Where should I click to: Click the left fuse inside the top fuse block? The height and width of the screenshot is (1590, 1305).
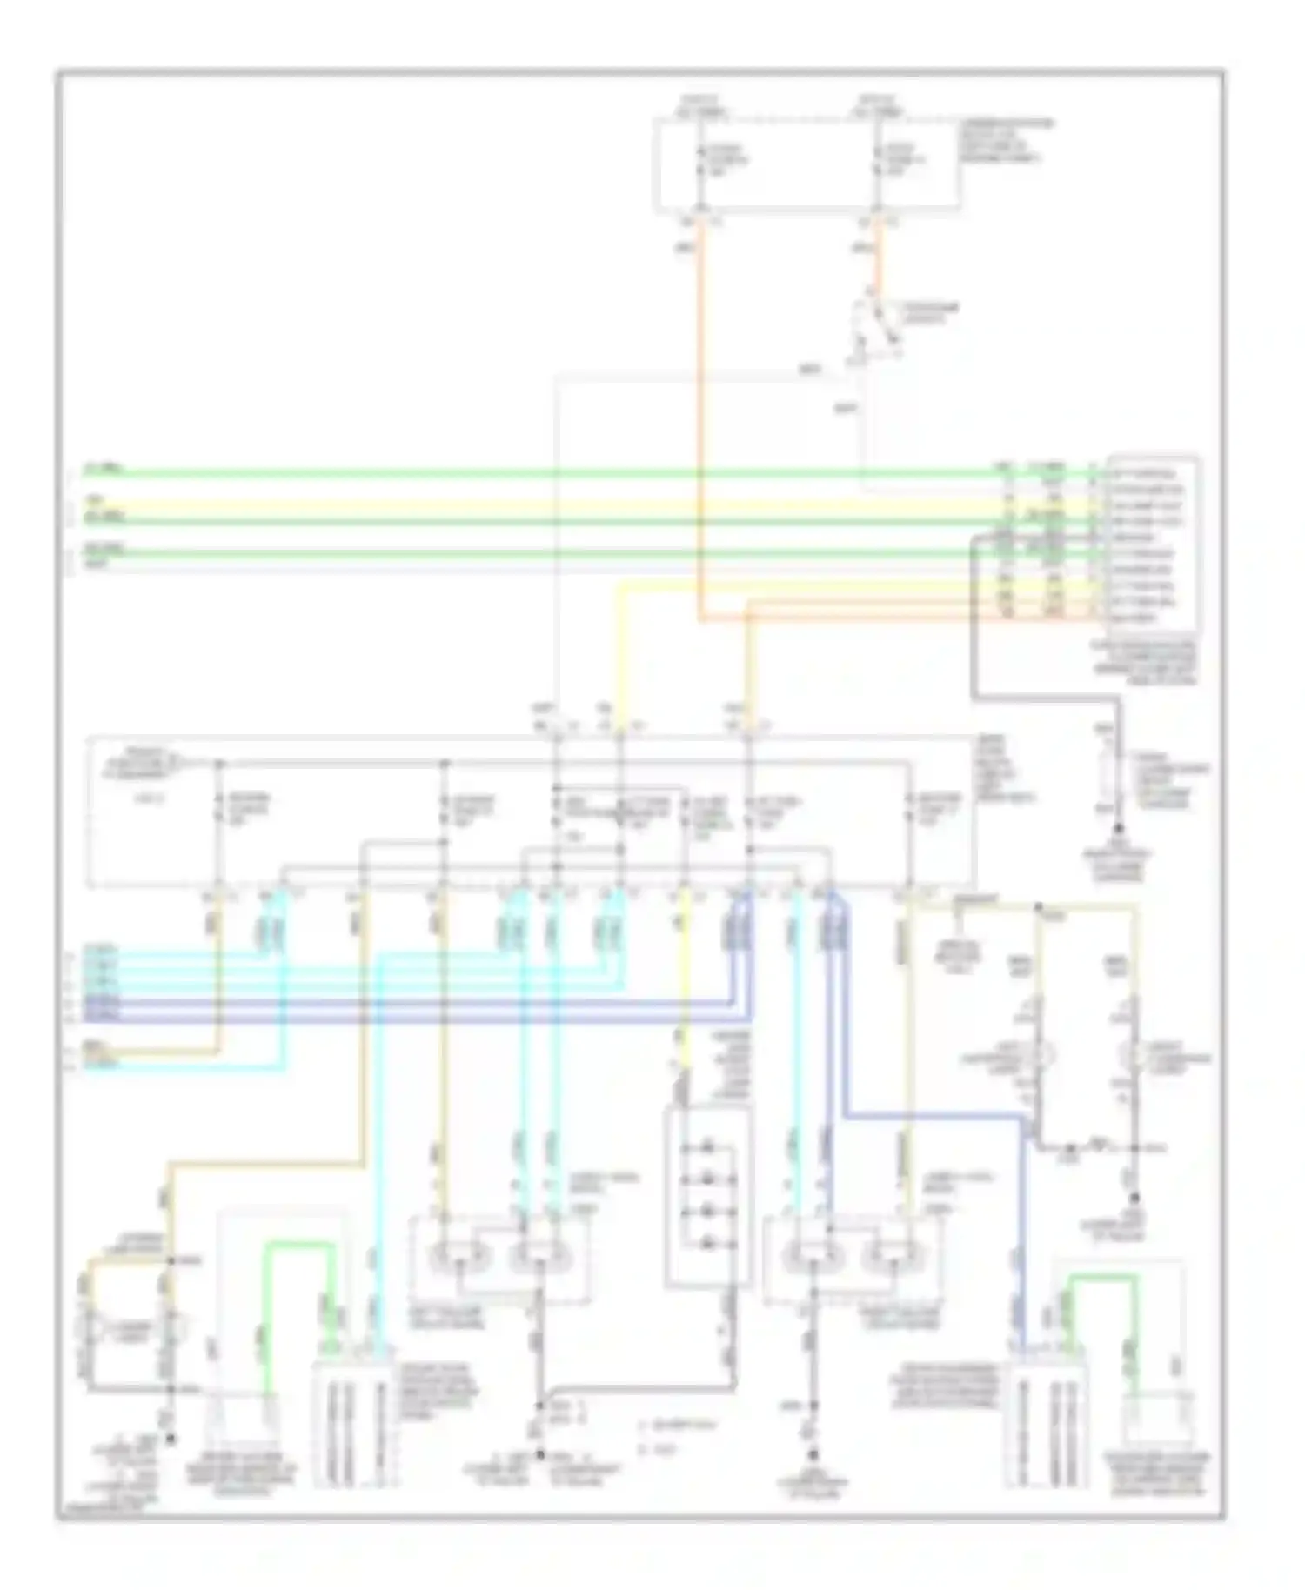700,162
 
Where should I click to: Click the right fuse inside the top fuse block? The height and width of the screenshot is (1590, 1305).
879,162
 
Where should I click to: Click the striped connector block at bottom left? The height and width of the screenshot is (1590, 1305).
352,1426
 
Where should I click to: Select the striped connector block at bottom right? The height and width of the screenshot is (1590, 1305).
1044,1426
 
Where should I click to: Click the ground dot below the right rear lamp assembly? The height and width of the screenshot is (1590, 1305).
814,1454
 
